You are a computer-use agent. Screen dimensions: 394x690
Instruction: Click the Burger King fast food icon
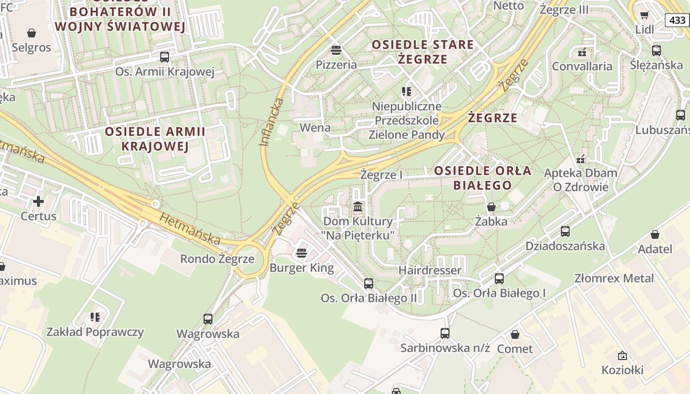[x=302, y=253]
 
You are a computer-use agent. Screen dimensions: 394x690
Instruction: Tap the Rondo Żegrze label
[x=217, y=259]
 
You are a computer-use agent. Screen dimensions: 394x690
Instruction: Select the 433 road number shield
[x=678, y=20]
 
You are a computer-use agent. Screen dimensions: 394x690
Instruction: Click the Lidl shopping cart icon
[x=644, y=15]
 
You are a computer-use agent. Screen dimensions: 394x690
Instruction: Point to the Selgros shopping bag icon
[x=32, y=33]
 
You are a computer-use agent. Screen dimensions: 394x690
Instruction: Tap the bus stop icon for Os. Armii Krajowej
[x=165, y=57]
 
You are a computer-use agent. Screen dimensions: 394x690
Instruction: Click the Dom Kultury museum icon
[x=358, y=206]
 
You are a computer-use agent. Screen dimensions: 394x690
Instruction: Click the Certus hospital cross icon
[x=38, y=201]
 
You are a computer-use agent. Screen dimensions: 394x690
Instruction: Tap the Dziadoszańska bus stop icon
[x=565, y=231]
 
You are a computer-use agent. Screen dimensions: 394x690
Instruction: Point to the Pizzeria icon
[x=336, y=50]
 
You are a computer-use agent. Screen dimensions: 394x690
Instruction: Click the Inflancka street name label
[x=272, y=122]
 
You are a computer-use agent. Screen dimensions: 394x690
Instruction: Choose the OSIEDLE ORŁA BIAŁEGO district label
[x=483, y=178]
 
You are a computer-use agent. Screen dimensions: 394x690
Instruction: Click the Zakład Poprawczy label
[x=95, y=332]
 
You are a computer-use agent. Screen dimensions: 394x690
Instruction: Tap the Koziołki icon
[x=622, y=355]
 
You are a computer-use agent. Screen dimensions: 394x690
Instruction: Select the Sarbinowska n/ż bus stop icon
[x=445, y=333]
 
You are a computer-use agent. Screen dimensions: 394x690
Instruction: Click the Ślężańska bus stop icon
[x=656, y=50]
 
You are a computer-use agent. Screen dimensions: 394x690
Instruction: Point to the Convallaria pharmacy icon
[x=582, y=52]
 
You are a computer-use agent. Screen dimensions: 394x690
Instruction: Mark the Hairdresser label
[x=430, y=270]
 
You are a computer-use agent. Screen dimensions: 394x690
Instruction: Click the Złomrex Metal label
[x=614, y=278]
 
